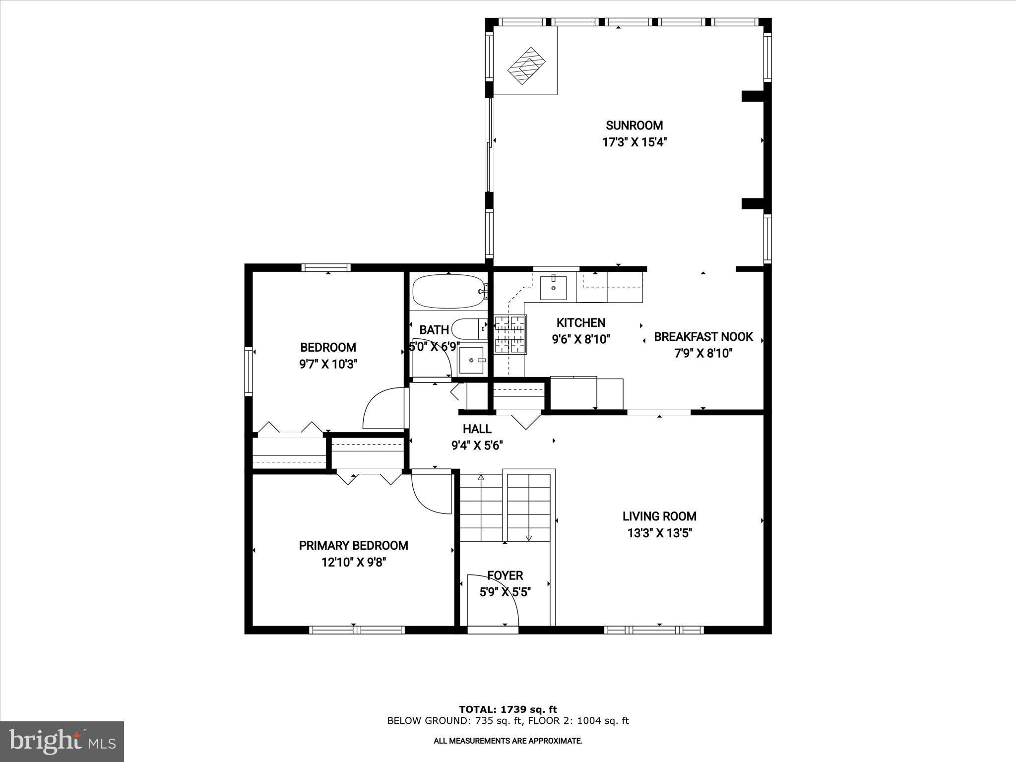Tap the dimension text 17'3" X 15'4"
pyautogui.click(x=634, y=142)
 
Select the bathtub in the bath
pyautogui.click(x=448, y=292)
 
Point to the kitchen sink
pyautogui.click(x=553, y=288)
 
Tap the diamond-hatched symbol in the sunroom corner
pyautogui.click(x=526, y=66)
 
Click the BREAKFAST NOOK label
pyautogui.click(x=703, y=337)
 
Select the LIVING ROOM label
pyautogui.click(x=659, y=516)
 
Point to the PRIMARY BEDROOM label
pyautogui.click(x=353, y=546)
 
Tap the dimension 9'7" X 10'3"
pyautogui.click(x=328, y=364)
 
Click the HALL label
pyautogui.click(x=477, y=429)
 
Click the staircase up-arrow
pyautogui.click(x=481, y=478)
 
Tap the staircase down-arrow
pyautogui.click(x=528, y=537)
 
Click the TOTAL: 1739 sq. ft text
pyautogui.click(x=508, y=709)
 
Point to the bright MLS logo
pyautogui.click(x=62, y=742)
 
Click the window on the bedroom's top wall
pyautogui.click(x=326, y=268)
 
